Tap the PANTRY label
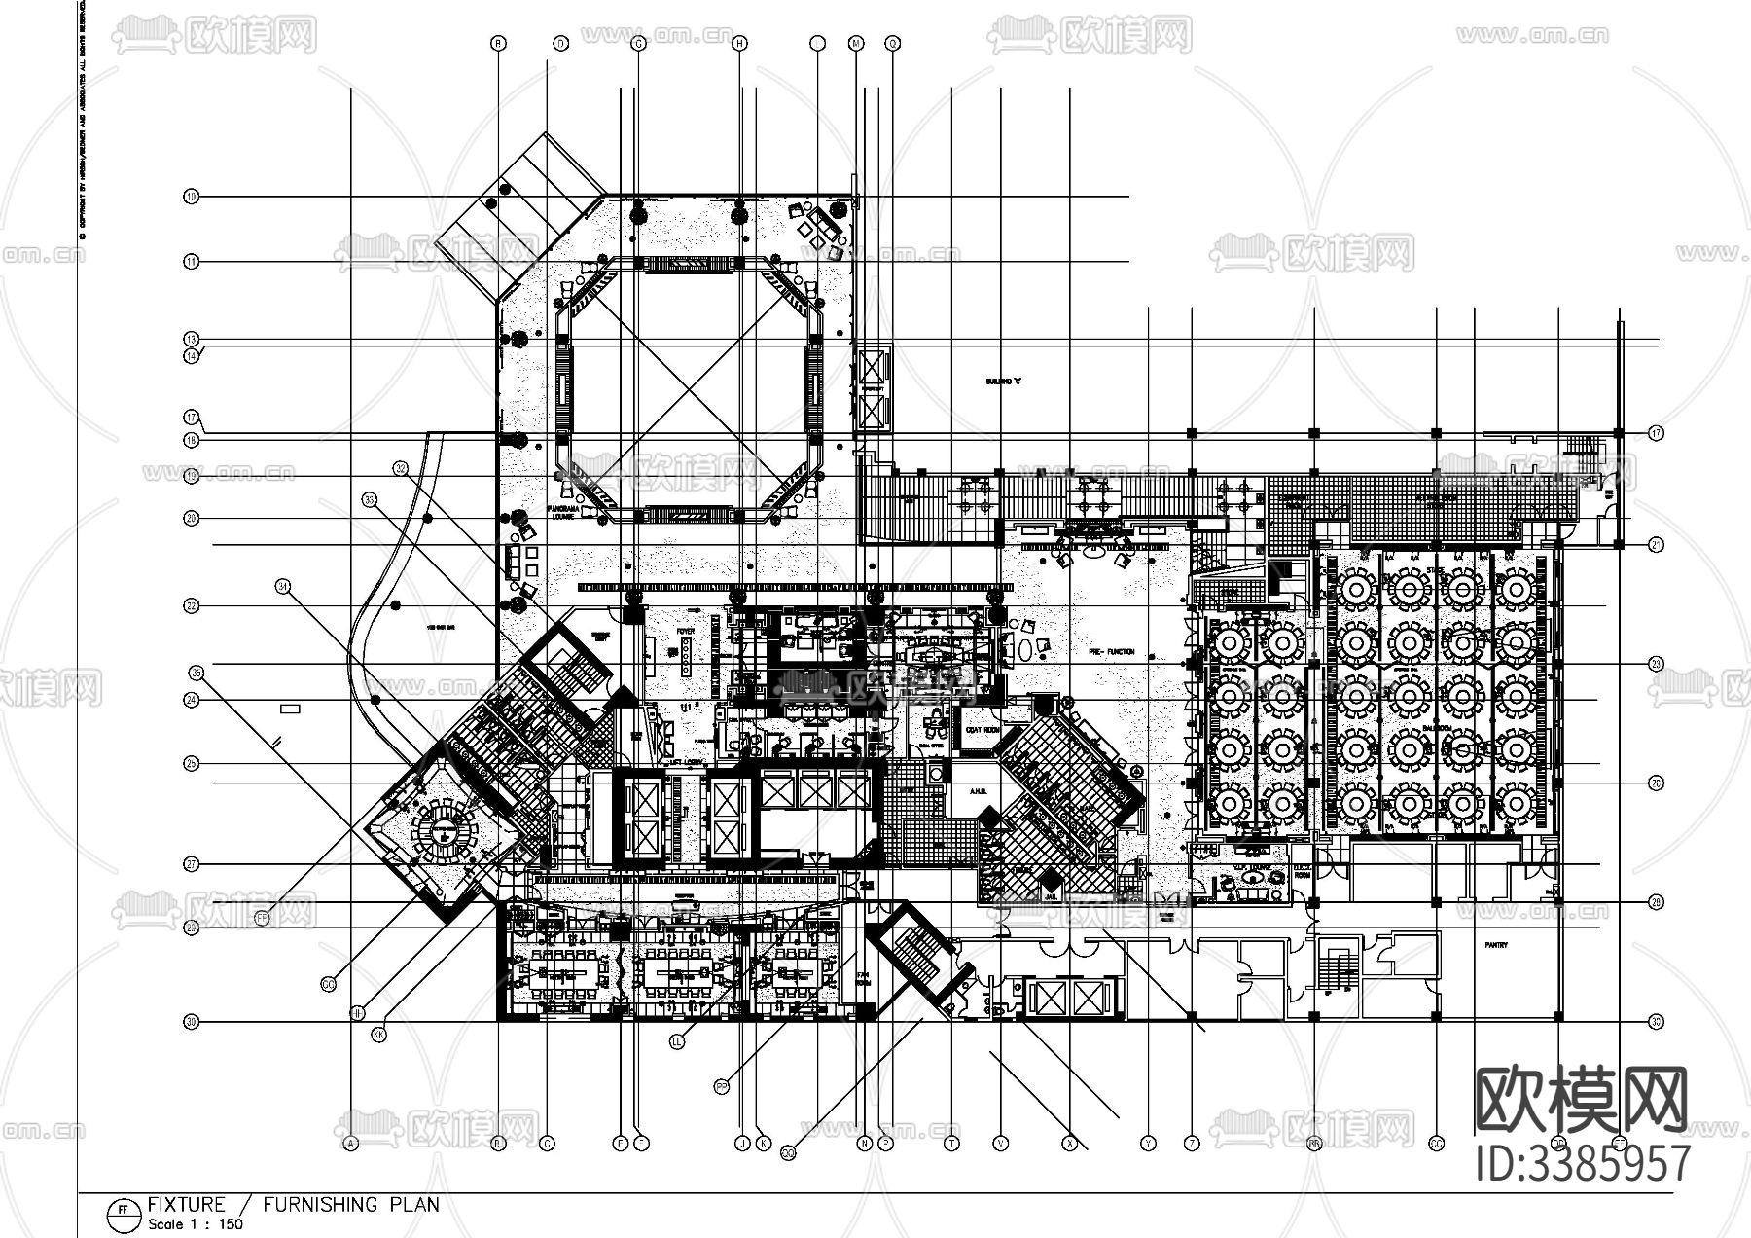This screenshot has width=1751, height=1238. tap(1496, 945)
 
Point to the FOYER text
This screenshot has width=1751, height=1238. tap(685, 632)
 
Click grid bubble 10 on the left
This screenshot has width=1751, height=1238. tap(192, 197)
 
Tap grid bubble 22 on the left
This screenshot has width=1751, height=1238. tap(192, 606)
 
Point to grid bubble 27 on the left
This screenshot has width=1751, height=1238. tap(192, 864)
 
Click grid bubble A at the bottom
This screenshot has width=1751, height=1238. tap(350, 1145)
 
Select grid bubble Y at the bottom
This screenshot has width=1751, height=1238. tap(1149, 1145)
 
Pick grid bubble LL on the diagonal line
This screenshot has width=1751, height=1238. tap(678, 1041)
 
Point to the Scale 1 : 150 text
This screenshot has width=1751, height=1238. tap(195, 1224)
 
